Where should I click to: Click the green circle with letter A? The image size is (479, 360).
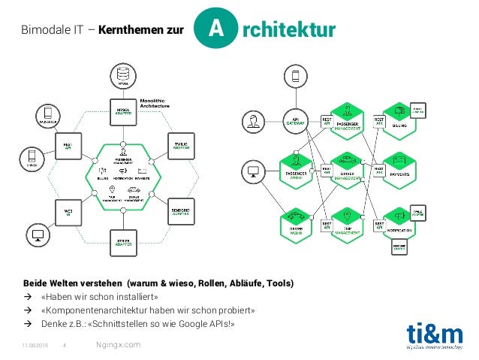215,29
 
